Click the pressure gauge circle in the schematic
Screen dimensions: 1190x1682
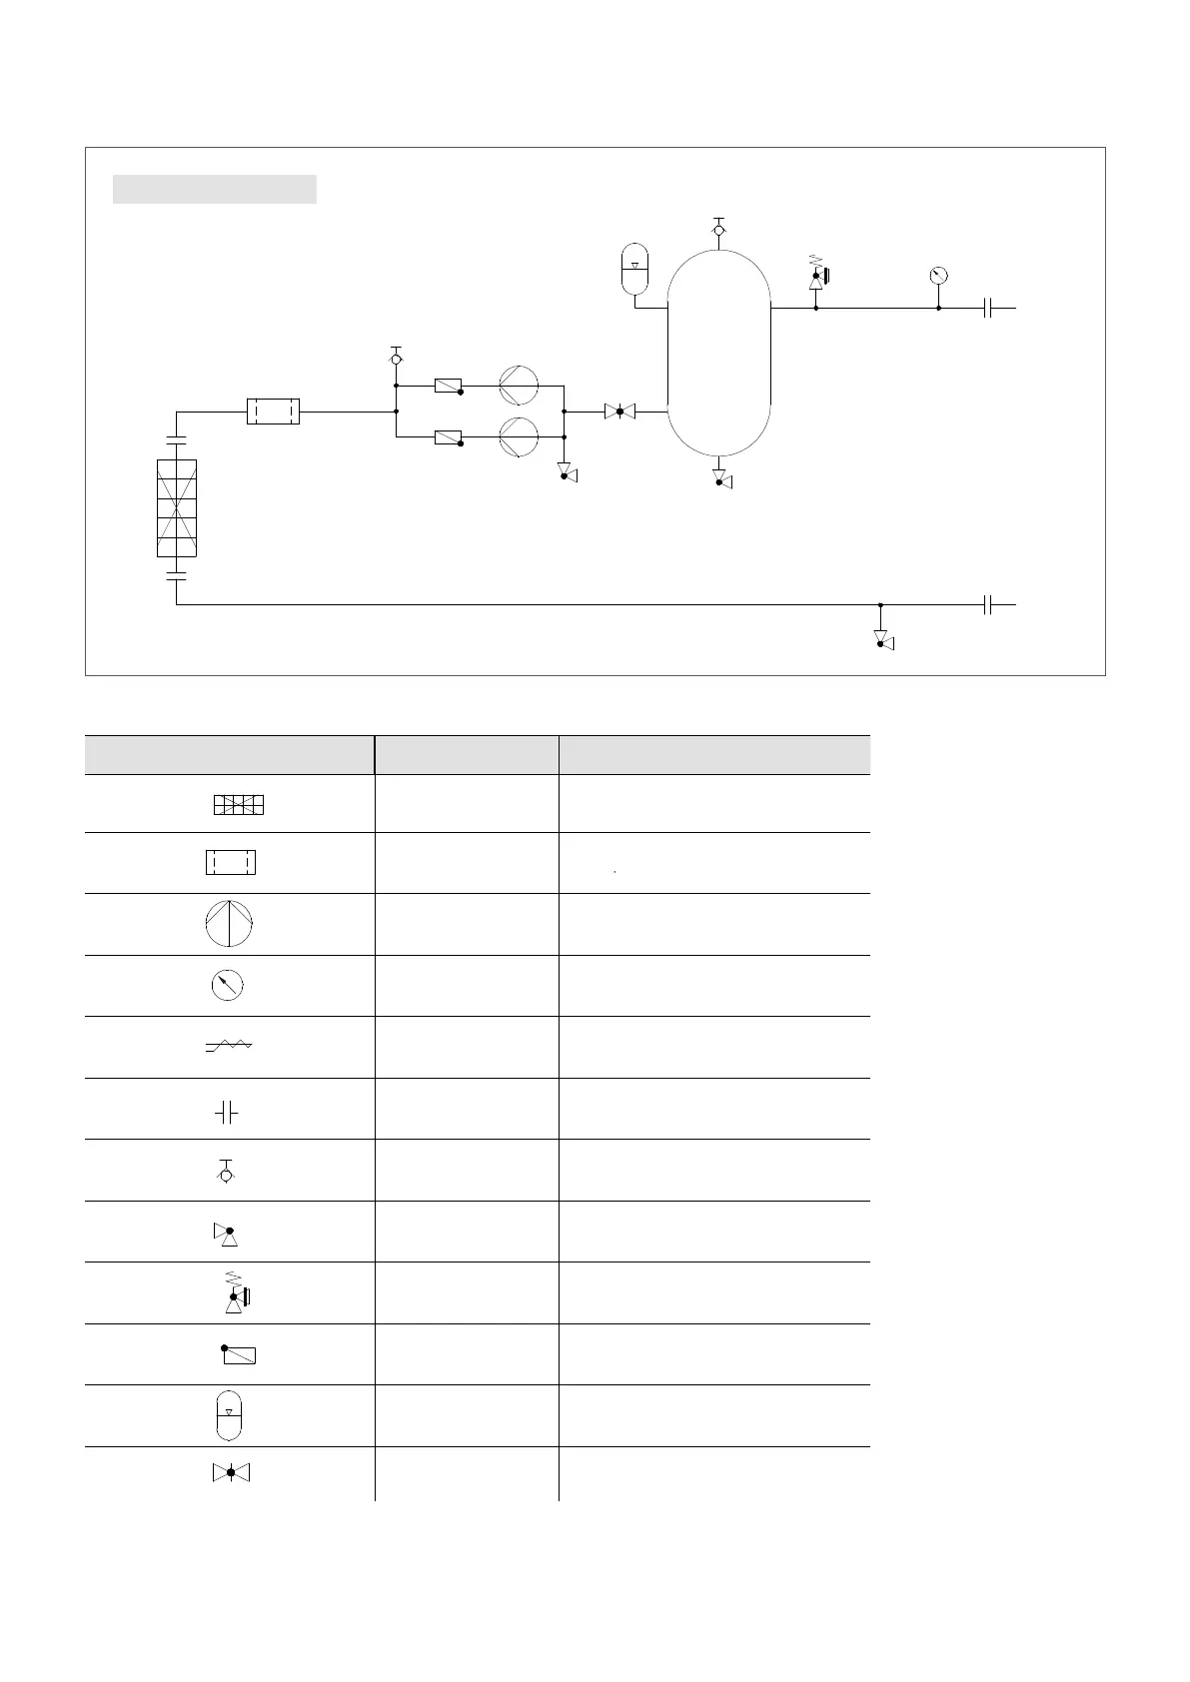(x=938, y=276)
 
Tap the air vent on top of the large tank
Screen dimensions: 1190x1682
(x=718, y=230)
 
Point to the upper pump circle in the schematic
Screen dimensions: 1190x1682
(x=519, y=387)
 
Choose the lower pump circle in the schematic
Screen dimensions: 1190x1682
(x=519, y=436)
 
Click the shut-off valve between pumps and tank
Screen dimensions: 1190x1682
(x=619, y=411)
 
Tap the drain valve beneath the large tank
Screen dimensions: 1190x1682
(x=720, y=477)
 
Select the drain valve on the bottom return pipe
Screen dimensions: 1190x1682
(x=882, y=639)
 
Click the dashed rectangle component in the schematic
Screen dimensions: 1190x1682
(x=273, y=411)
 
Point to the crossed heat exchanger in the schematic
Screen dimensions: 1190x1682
(x=177, y=507)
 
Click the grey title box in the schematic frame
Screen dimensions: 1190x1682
(x=214, y=189)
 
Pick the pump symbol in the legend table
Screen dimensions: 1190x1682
(x=229, y=924)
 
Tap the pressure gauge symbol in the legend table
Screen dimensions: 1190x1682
(x=228, y=986)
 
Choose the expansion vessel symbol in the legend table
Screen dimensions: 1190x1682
(x=229, y=1415)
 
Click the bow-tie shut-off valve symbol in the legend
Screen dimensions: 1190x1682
(x=231, y=1472)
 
